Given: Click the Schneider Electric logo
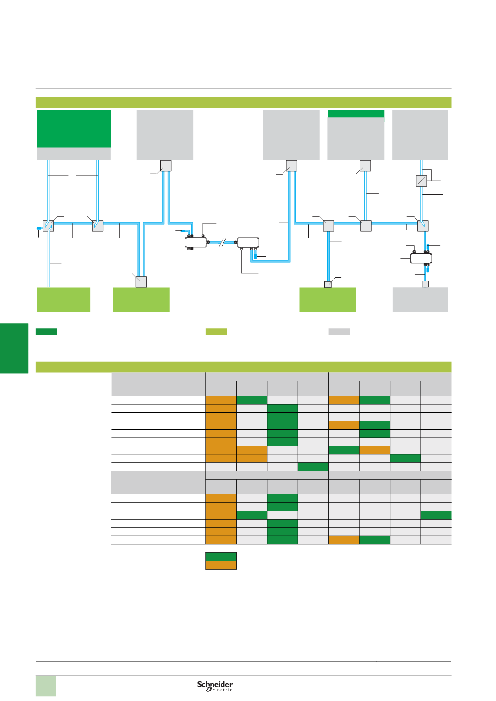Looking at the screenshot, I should point(215,686).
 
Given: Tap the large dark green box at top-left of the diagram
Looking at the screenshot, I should point(73,129).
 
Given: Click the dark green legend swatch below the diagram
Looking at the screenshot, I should point(46,331).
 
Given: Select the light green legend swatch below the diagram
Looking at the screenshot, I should point(216,331).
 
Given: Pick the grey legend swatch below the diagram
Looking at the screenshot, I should point(339,331).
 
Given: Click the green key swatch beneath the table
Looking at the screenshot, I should point(221,556).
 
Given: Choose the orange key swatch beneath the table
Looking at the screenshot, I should point(221,565).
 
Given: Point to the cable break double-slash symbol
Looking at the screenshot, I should point(222,242).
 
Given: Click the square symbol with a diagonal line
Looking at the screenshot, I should point(421,181).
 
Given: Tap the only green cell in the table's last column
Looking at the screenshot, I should point(436,515).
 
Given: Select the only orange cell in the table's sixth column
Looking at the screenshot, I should point(375,450).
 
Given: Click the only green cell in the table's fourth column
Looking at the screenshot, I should point(313,467).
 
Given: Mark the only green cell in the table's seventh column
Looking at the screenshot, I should point(405,458).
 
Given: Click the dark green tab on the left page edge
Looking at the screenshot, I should point(14,348).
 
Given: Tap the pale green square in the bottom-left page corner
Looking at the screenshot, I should point(46,686).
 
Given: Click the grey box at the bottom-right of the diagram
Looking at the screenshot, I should point(420,300).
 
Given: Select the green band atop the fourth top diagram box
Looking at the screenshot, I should point(355,114).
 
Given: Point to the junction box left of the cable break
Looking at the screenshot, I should point(196,242).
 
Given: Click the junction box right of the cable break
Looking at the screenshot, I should point(248,242).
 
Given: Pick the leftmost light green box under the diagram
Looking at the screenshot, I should point(63,300).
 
